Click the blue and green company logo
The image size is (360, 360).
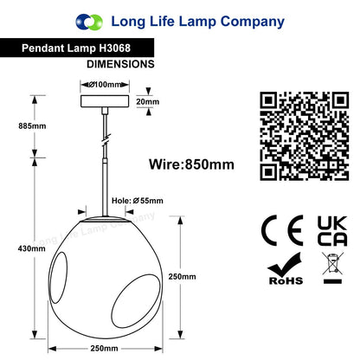tap(89, 22)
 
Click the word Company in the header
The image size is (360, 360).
tap(253, 22)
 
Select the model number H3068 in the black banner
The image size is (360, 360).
tap(114, 48)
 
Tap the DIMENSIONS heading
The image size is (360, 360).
tap(120, 64)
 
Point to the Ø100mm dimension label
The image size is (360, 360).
tap(105, 85)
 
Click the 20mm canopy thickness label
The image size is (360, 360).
tap(148, 101)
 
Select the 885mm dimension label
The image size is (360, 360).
tap(32, 126)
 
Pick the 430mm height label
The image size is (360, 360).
tap(32, 248)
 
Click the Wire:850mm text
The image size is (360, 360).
tap(191, 164)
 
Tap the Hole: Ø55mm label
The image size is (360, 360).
tap(138, 201)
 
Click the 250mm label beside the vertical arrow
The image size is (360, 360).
tap(182, 277)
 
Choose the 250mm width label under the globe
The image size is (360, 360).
tap(104, 348)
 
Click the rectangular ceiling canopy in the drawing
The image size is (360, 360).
tap(105, 101)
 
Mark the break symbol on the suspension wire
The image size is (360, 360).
tap(106, 138)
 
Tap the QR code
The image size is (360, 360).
tap(305, 136)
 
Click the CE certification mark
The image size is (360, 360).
tap(282, 230)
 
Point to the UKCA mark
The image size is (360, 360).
tap(332, 231)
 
